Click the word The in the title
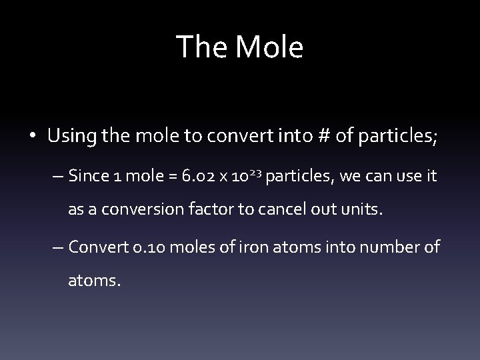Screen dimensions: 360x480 pyautogui.click(x=198, y=47)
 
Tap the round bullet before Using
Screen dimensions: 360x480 pyautogui.click(x=33, y=137)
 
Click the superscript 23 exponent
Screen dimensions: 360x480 pyautogui.click(x=261, y=173)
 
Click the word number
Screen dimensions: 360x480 pyautogui.click(x=393, y=247)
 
